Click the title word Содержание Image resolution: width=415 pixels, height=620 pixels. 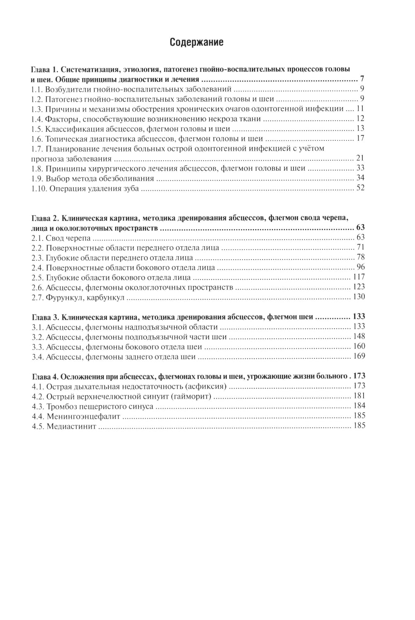(196, 42)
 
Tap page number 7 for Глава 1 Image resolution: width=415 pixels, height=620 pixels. (362, 79)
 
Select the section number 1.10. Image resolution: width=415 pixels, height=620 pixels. (39, 189)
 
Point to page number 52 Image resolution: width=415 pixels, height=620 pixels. (360, 189)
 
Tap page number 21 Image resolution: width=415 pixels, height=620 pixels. (360, 158)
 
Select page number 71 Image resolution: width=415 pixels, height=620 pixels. (360, 248)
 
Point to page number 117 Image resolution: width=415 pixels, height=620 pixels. (359, 277)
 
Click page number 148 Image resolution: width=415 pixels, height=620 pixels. (359, 336)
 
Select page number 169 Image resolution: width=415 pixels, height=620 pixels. (359, 356)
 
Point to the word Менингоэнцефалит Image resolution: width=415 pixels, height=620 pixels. (83, 417)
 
